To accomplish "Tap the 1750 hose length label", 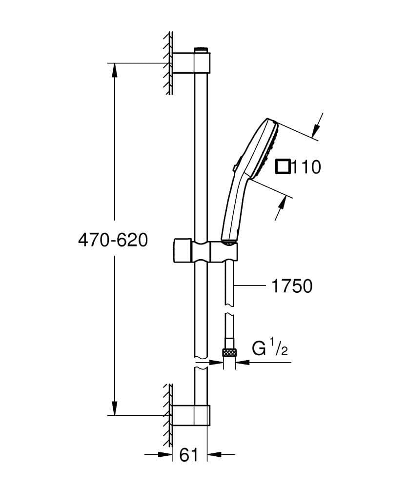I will tap(292, 286).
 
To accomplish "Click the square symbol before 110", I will tap(283, 167).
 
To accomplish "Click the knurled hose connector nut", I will tap(228, 352).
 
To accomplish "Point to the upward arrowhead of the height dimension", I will tap(115, 70).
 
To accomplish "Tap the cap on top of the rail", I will tap(201, 50).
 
